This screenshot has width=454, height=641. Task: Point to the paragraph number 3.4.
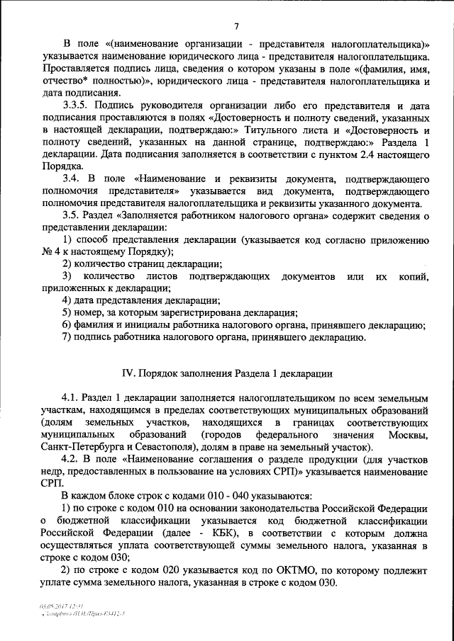[72, 180]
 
